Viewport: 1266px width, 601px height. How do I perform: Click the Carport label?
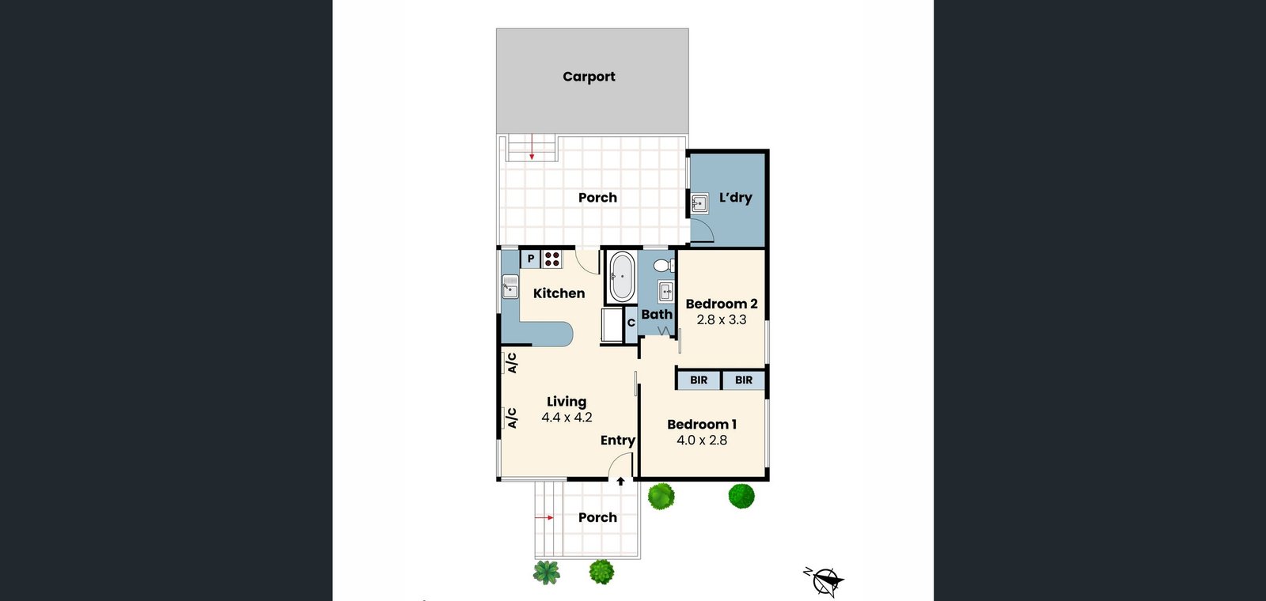click(589, 77)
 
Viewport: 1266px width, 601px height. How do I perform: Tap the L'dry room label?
click(735, 198)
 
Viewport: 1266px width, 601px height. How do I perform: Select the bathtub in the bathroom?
click(622, 276)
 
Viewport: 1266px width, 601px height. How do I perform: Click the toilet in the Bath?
click(664, 266)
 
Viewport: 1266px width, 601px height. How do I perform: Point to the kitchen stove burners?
click(552, 259)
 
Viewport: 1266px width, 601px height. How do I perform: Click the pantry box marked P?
click(530, 259)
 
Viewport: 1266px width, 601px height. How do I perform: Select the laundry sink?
click(699, 202)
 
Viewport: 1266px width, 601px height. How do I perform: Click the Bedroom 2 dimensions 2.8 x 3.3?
click(721, 319)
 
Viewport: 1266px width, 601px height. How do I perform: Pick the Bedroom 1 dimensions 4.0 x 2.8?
click(702, 440)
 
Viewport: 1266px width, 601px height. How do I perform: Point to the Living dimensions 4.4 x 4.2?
click(567, 418)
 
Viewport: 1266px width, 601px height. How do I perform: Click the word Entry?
click(618, 440)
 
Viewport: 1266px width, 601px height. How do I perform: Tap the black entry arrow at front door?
click(620, 482)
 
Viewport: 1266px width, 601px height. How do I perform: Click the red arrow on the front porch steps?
click(544, 517)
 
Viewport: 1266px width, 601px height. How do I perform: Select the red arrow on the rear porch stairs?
click(532, 148)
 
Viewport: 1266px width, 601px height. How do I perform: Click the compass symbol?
click(824, 580)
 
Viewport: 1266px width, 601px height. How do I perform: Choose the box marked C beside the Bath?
click(631, 323)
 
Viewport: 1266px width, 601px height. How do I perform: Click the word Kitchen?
click(559, 293)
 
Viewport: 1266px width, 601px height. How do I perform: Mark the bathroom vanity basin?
click(666, 292)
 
